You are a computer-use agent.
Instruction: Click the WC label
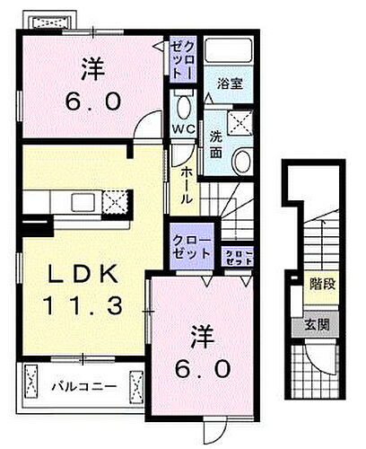182,129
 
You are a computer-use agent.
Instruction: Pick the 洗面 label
217,144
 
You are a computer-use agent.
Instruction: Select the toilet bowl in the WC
183,108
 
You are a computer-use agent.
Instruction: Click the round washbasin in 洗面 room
241,160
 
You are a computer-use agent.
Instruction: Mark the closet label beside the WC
182,58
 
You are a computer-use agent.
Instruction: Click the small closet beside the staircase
237,258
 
